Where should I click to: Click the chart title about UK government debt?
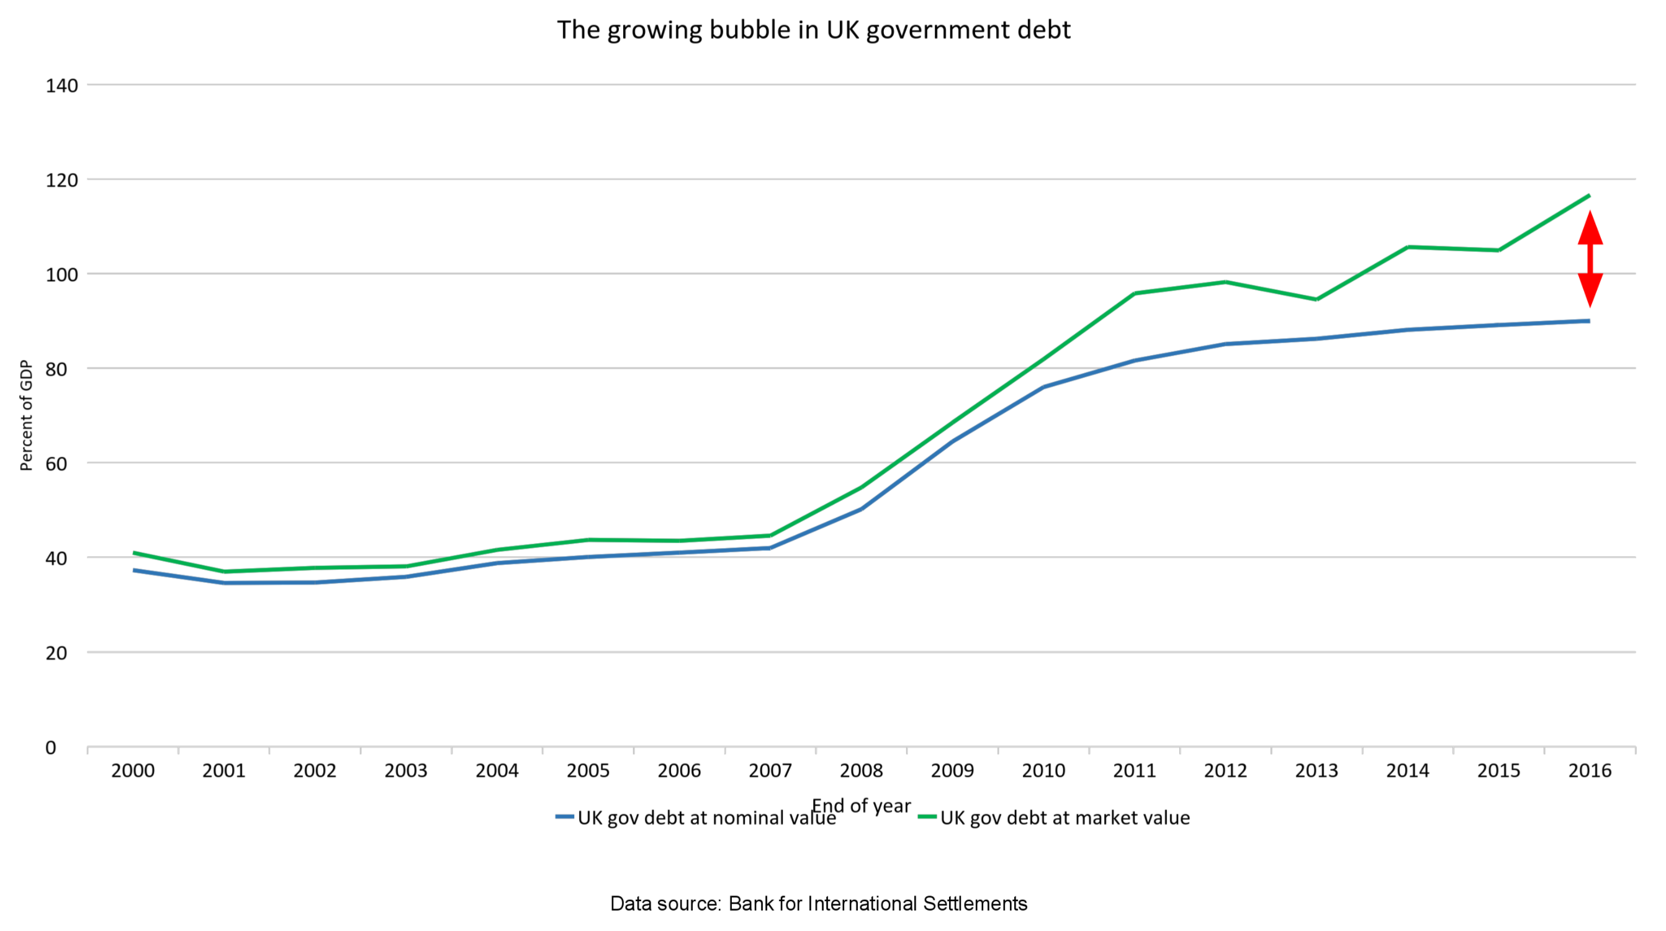tap(814, 30)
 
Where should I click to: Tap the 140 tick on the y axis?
tap(61, 86)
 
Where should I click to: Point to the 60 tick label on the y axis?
tap(56, 464)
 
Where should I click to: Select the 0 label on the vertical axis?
tap(50, 747)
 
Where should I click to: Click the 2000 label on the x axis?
tap(133, 771)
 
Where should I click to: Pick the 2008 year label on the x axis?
tap(861, 771)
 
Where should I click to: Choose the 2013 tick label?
tap(1316, 771)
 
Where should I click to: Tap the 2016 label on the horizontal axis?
tap(1590, 771)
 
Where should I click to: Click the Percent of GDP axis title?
tap(26, 415)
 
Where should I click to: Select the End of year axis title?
tap(861, 806)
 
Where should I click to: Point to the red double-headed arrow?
tap(1590, 259)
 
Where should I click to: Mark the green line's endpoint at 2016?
tap(1589, 196)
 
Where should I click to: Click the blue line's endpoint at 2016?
tap(1589, 321)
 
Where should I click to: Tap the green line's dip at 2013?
tap(1316, 299)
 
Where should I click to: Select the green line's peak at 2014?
tap(1408, 247)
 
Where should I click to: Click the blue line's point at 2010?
tap(1044, 387)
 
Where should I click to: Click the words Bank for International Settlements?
tap(878, 903)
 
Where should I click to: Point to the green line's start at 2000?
tap(134, 553)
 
